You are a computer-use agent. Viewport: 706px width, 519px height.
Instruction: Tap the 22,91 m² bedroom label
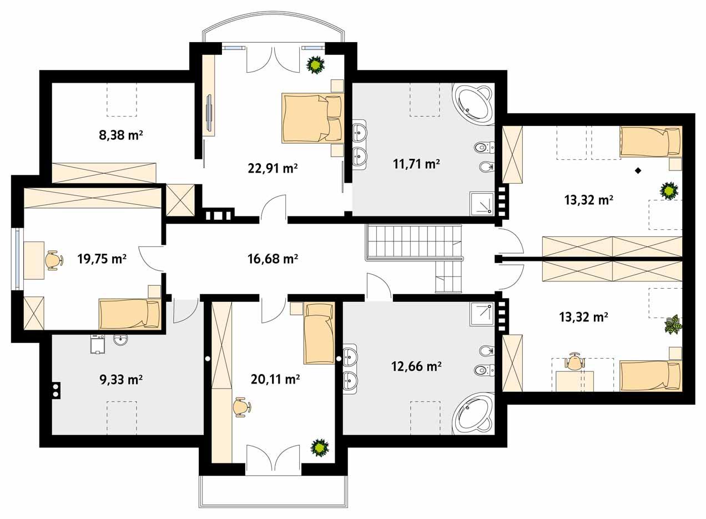(273, 168)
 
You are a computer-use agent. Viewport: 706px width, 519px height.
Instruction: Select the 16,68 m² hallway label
(273, 258)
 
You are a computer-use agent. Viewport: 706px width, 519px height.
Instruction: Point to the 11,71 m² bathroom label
(416, 164)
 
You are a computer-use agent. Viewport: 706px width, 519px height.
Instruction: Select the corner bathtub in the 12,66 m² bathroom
(472, 414)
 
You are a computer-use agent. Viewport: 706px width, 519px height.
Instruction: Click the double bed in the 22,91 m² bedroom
(312, 118)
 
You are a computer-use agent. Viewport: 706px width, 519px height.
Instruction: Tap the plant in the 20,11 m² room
(320, 447)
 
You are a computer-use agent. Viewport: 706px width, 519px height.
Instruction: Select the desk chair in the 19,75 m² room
(52, 260)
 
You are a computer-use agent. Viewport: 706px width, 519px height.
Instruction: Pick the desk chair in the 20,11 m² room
(240, 407)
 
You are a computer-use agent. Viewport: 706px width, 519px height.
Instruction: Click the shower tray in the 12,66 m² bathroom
(481, 314)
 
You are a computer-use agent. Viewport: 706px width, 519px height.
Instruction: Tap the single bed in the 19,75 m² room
(129, 314)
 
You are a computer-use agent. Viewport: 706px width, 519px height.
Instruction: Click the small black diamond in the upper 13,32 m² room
(638, 171)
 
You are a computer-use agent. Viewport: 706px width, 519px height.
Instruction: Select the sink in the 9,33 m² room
(120, 340)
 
